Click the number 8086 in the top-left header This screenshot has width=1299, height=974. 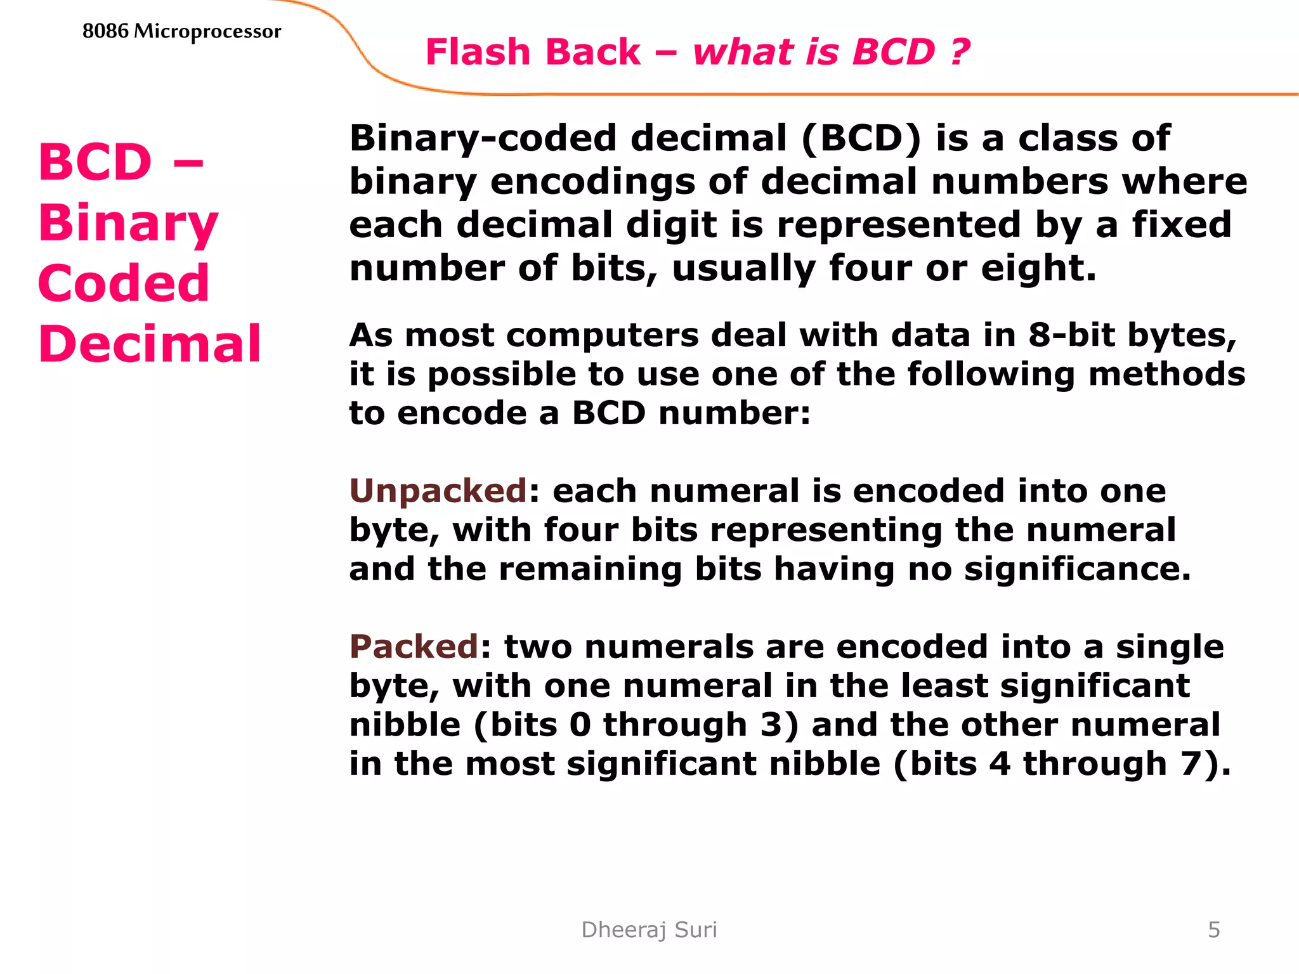point(105,30)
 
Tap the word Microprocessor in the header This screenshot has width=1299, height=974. point(207,32)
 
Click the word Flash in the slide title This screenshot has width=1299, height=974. point(478,52)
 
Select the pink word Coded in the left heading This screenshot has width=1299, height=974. point(124,283)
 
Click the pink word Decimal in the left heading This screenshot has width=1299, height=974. point(150,344)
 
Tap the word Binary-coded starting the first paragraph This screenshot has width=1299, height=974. point(483,139)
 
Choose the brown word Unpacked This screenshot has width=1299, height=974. point(438,491)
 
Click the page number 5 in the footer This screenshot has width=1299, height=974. point(1214,930)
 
